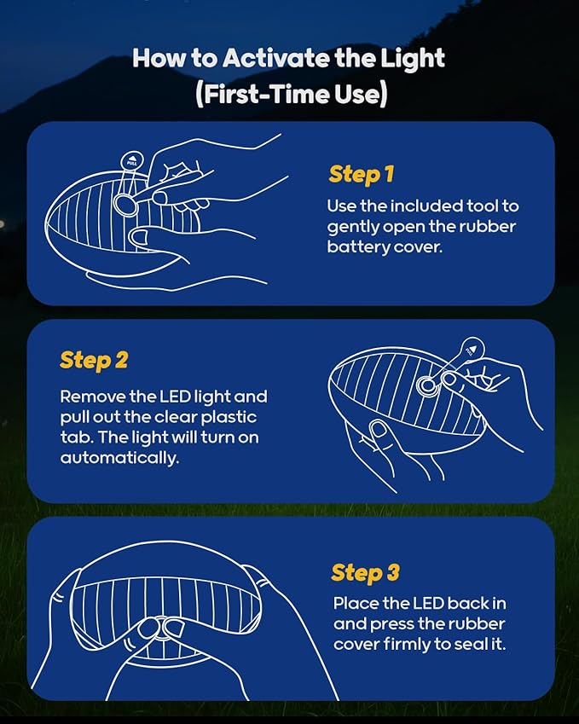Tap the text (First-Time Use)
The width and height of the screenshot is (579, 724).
pyautogui.click(x=291, y=94)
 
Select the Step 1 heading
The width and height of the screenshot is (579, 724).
pyautogui.click(x=361, y=175)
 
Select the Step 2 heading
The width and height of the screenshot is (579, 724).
pyautogui.click(x=94, y=360)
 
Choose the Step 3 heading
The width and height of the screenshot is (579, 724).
pyautogui.click(x=365, y=572)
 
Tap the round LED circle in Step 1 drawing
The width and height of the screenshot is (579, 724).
pyautogui.click(x=125, y=204)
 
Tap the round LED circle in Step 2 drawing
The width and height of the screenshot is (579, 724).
pyautogui.click(x=426, y=385)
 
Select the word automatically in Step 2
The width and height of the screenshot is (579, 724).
pyautogui.click(x=119, y=458)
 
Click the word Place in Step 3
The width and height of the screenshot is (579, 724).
pyautogui.click(x=356, y=604)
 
